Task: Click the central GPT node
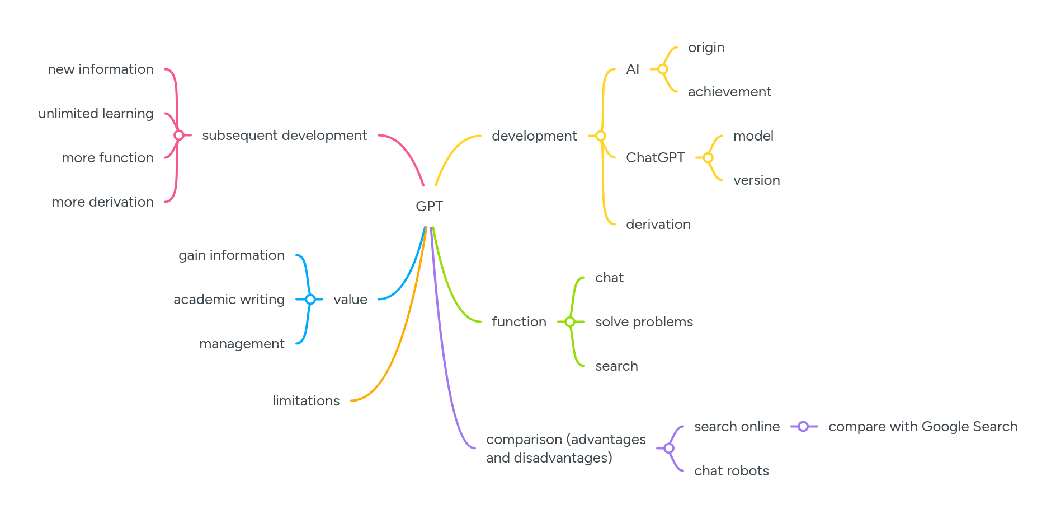429,207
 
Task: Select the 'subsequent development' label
284,136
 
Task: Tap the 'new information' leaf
101,69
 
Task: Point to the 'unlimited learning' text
96,114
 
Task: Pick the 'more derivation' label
102,202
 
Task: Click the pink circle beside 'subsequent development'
179,136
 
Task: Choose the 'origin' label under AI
706,48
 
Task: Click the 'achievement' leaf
729,92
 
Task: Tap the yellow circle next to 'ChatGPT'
708,158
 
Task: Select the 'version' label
756,180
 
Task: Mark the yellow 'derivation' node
658,225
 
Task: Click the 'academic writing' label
229,300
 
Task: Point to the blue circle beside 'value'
310,300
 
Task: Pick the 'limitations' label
306,401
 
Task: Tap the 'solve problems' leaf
644,322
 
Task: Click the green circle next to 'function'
570,322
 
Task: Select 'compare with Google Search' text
922,427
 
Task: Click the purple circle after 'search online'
803,427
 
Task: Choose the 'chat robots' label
731,471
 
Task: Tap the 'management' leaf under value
242,344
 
